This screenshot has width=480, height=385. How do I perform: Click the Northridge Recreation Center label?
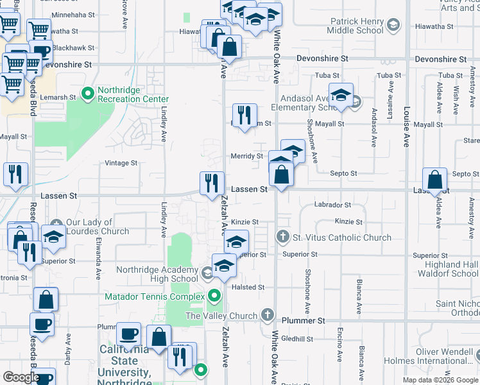pyautogui.click(x=133, y=99)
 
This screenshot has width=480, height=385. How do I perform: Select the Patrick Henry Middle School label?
pyautogui.click(x=355, y=26)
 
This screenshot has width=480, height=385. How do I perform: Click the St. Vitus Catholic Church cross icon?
pyautogui.click(x=282, y=237)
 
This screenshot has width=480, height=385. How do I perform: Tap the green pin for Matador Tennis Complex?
pyautogui.click(x=214, y=296)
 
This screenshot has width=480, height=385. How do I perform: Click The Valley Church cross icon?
pyautogui.click(x=268, y=316)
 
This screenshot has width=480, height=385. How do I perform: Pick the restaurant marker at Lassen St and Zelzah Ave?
pyautogui.click(x=210, y=184)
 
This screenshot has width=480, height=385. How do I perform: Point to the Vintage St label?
pyautogui.click(x=121, y=163)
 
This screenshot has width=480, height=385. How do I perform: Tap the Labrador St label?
pyautogui.click(x=332, y=205)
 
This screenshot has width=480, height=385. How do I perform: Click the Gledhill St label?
pyautogui.click(x=296, y=339)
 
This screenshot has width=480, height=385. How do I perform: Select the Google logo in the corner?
pyautogui.click(x=21, y=377)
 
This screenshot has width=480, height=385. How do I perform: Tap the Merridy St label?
pyautogui.click(x=246, y=156)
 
